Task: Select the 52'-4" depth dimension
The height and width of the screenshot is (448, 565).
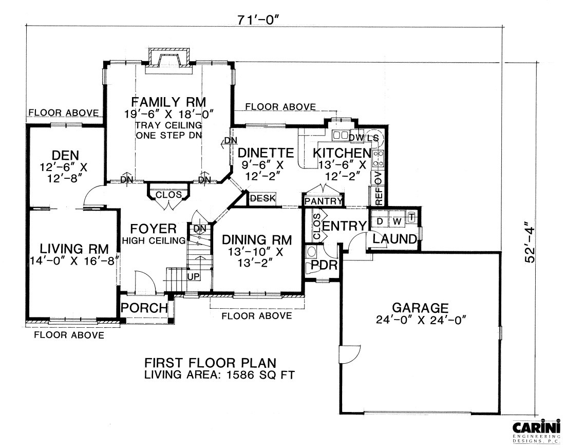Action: pyautogui.click(x=530, y=242)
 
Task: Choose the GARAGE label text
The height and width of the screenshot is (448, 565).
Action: pyautogui.click(x=420, y=308)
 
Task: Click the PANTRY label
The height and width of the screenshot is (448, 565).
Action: pyautogui.click(x=323, y=201)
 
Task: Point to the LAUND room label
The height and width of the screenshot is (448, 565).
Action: pyautogui.click(x=394, y=239)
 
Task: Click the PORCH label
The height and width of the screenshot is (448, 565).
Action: pyautogui.click(x=144, y=308)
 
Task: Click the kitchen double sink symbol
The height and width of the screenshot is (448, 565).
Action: pyautogui.click(x=340, y=136)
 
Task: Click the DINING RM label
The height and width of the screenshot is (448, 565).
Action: pyautogui.click(x=256, y=240)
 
